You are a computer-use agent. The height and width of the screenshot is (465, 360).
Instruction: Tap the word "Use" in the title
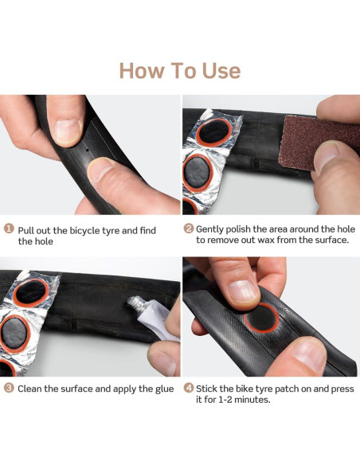click(x=215, y=71)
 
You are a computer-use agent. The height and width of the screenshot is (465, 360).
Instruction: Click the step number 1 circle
click(x=9, y=229)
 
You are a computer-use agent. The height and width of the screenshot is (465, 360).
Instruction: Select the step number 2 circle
click(x=189, y=229)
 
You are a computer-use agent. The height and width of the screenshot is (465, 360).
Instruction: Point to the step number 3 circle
click(x=9, y=389)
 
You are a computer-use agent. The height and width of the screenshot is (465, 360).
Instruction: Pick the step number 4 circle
click(x=189, y=389)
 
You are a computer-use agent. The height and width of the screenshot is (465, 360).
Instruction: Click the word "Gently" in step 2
click(x=213, y=229)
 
